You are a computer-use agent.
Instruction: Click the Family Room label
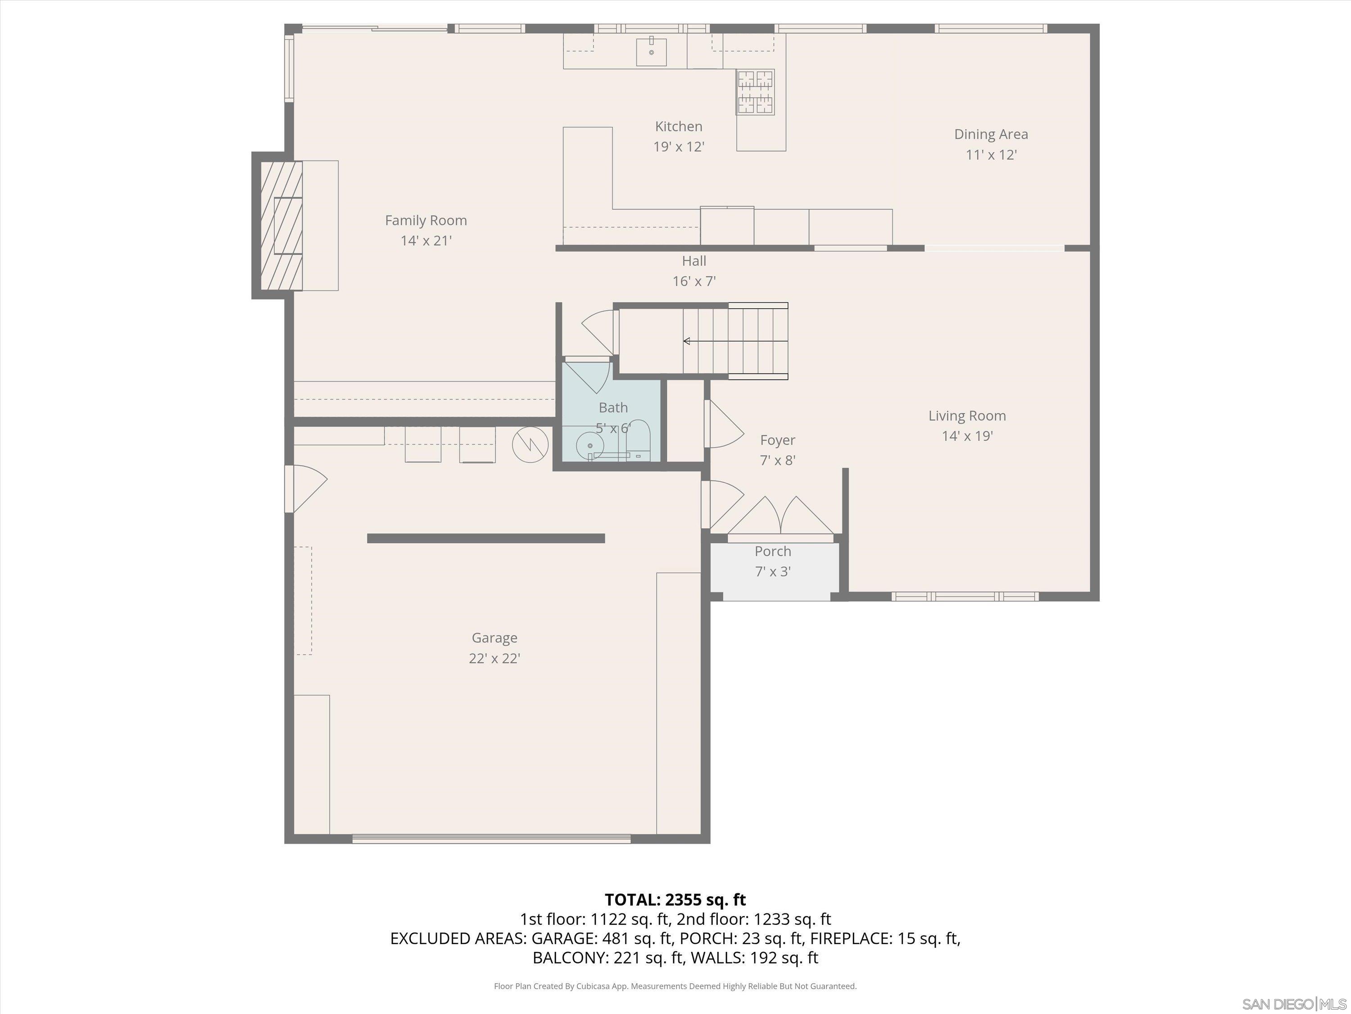click(426, 220)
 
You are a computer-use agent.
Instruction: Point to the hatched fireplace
click(281, 225)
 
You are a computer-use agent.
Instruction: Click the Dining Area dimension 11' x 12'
click(991, 155)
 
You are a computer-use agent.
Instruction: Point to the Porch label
click(773, 551)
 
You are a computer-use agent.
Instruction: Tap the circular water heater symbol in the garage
click(530, 444)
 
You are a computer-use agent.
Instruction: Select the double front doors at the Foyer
click(780, 518)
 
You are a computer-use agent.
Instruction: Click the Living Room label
click(967, 416)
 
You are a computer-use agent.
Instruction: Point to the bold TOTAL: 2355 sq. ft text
click(675, 900)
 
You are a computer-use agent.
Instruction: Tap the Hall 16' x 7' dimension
click(694, 281)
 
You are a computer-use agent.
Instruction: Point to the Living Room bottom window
click(965, 596)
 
